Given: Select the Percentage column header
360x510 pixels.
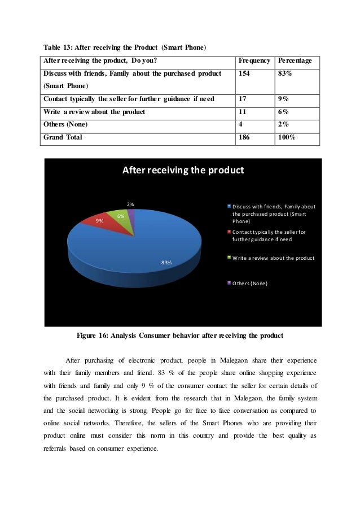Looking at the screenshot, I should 296,61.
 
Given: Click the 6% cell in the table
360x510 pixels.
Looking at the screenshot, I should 283,112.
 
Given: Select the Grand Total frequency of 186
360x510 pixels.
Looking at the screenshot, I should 245,137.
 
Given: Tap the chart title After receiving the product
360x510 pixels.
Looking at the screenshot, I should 183,170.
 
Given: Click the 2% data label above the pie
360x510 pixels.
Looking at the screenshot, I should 130,204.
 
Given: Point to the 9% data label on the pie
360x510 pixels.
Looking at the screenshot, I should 99,221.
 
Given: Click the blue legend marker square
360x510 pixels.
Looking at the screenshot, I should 229,206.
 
